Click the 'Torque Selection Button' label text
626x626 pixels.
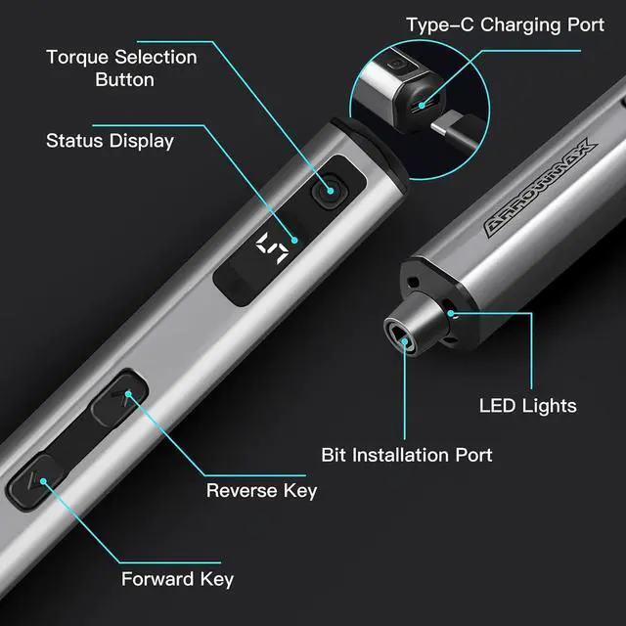(121, 67)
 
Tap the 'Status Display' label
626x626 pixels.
(110, 141)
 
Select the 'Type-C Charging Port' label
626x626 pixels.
(505, 24)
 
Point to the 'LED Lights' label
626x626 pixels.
(527, 405)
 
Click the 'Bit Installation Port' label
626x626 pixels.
(407, 455)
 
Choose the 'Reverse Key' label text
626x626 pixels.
(261, 490)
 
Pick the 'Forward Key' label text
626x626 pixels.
(177, 578)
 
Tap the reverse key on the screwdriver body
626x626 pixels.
(118, 397)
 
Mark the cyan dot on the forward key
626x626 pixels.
(37, 479)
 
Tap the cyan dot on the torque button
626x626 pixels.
(330, 191)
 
